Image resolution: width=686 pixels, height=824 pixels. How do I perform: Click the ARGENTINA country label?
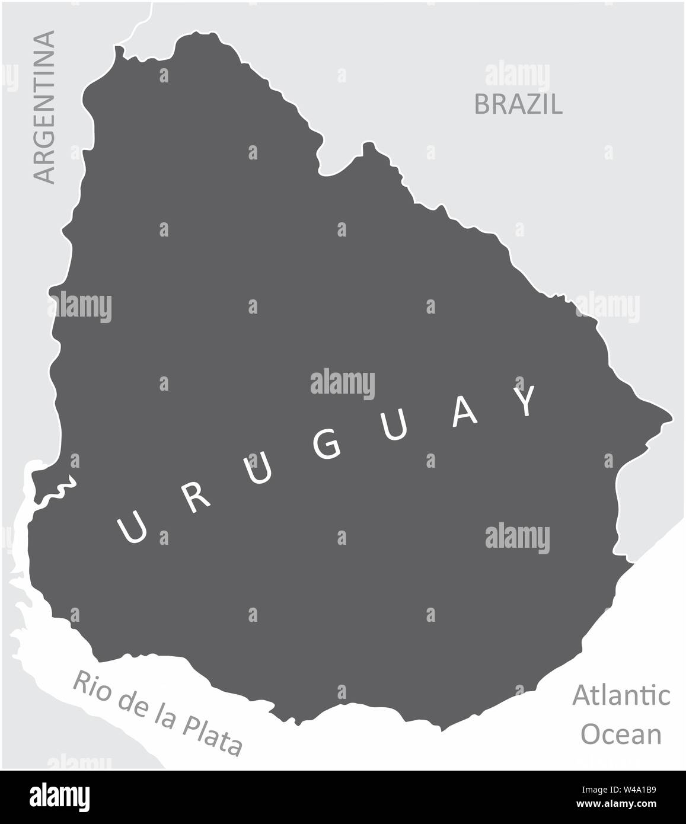click(x=44, y=107)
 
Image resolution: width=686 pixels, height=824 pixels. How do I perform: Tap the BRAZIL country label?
click(x=518, y=105)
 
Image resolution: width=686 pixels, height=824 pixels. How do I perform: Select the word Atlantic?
click(x=621, y=695)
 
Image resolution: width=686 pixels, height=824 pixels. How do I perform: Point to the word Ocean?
click(x=621, y=734)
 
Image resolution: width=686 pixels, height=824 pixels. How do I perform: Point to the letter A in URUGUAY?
click(x=464, y=415)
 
